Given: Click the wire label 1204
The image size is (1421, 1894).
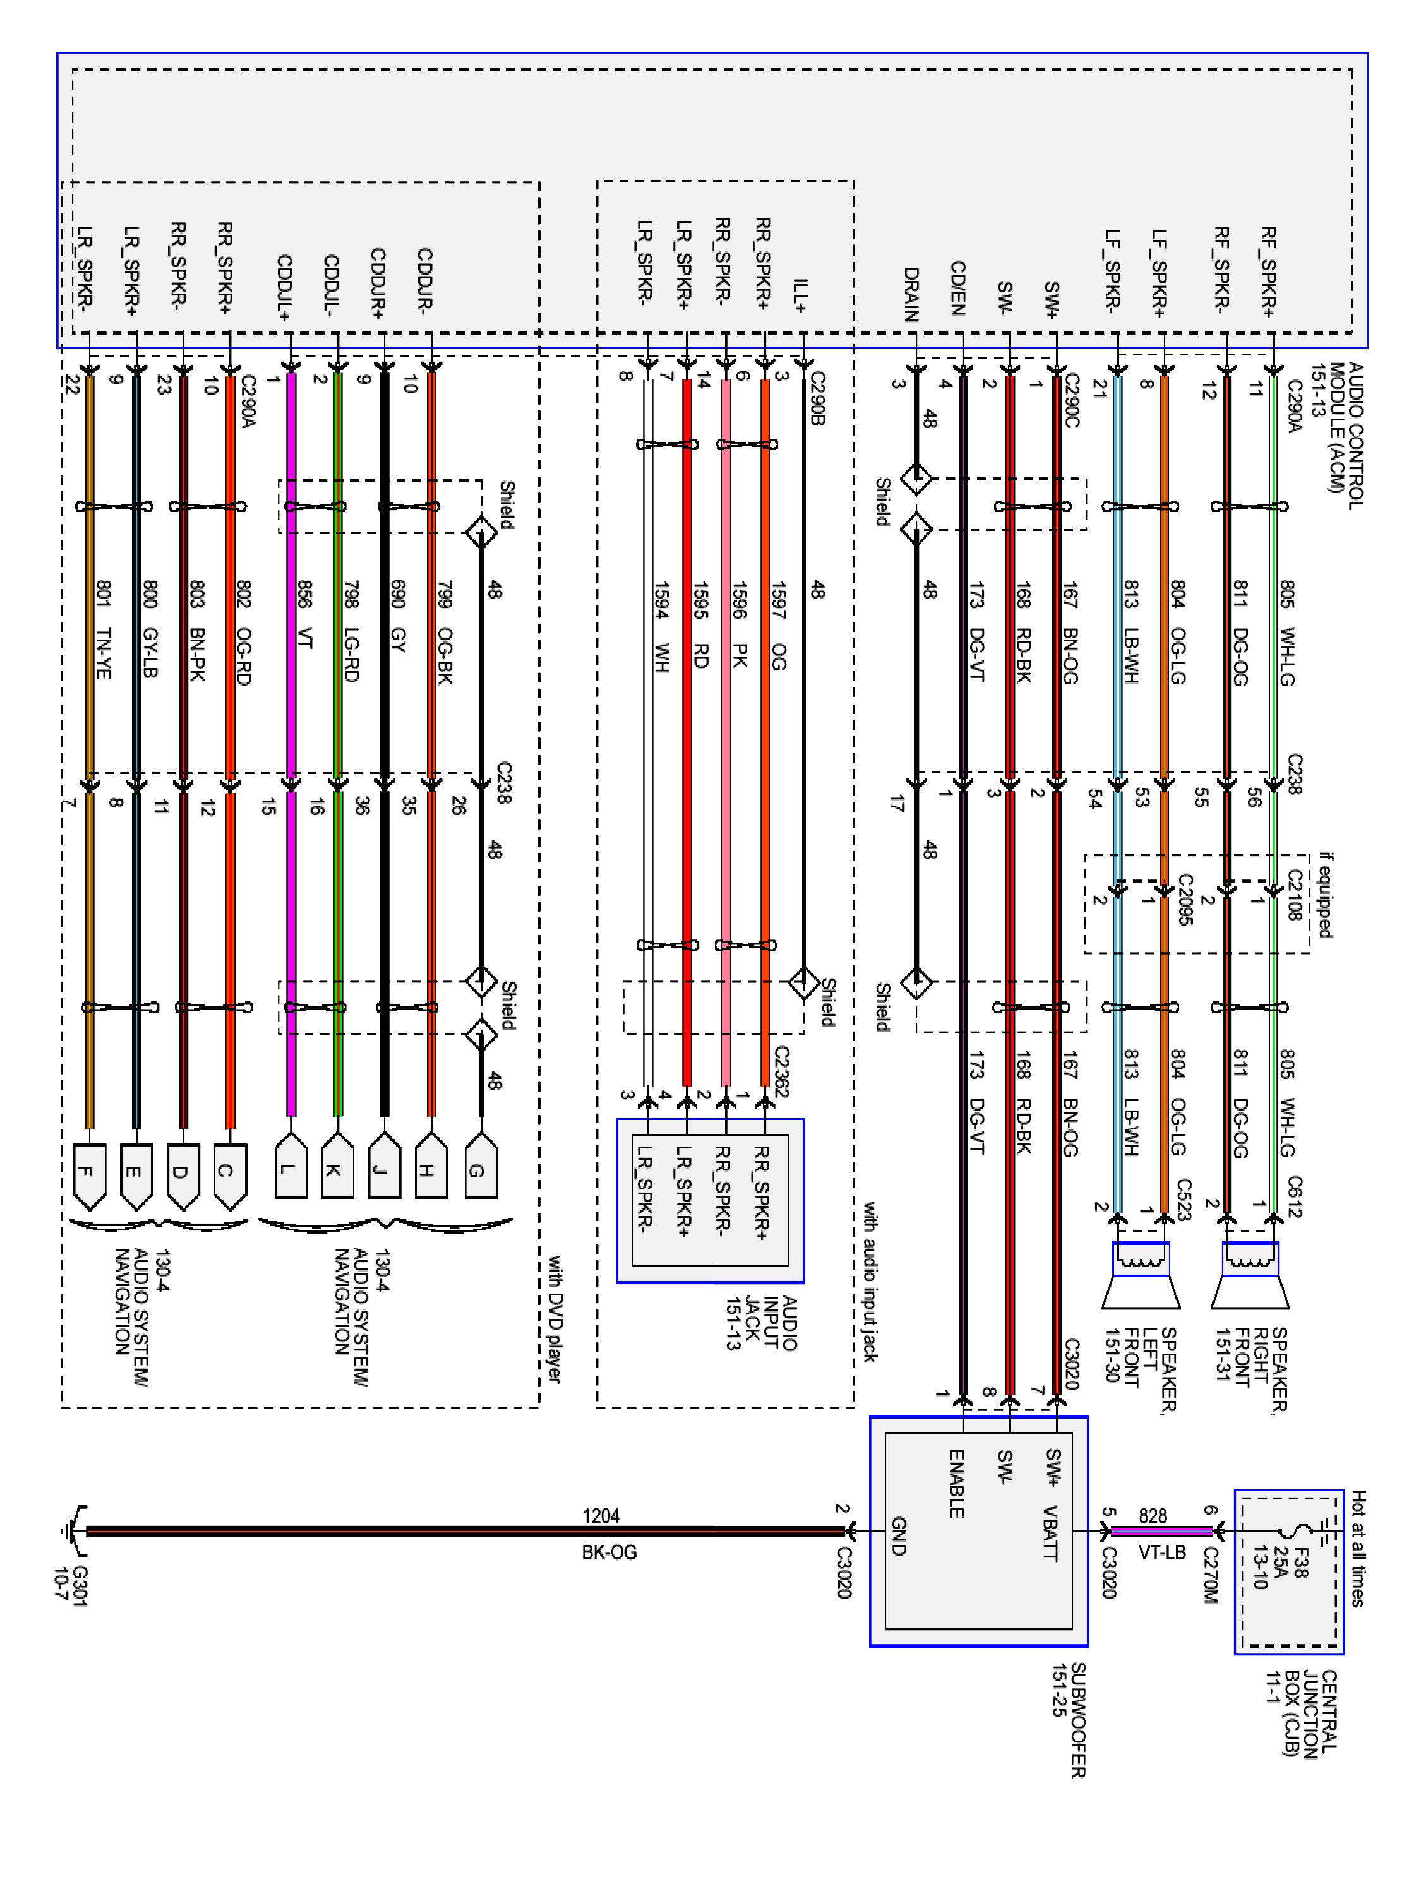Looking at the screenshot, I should [x=601, y=1516].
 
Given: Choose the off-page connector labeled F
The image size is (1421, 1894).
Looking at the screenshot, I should [x=87, y=1171].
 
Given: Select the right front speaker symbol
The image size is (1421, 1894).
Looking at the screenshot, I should [x=1250, y=1276].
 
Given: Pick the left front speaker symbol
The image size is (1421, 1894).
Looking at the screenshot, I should [x=1140, y=1276].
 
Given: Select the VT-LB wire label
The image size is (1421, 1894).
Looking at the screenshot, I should [x=1161, y=1552].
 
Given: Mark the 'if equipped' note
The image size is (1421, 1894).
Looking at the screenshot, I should [x=1325, y=895].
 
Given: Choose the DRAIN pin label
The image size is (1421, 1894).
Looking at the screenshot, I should [x=911, y=295].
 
